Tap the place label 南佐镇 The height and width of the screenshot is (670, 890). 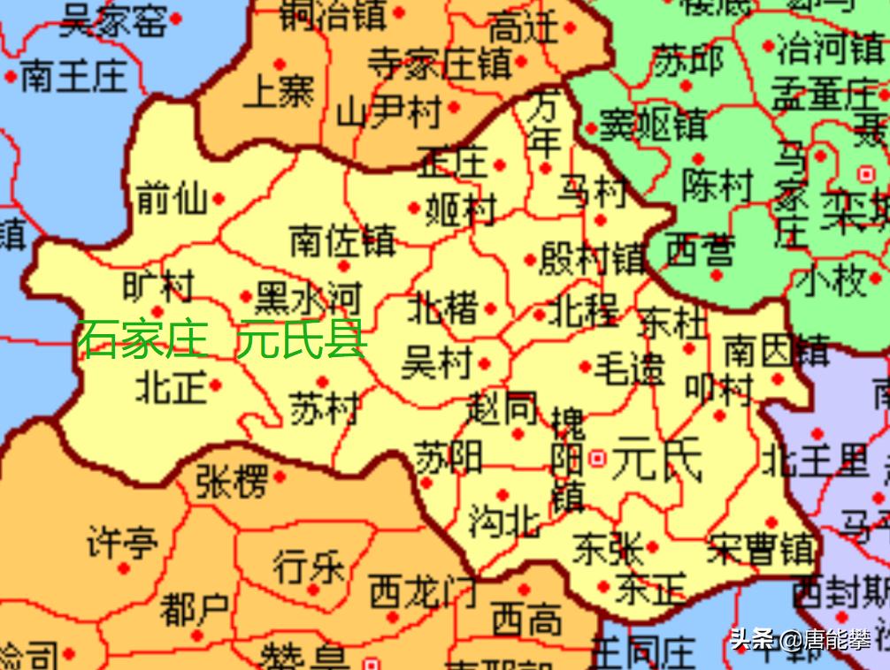pos(342,240)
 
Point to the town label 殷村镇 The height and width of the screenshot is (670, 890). pos(591,258)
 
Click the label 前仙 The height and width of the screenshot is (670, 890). pos(172,200)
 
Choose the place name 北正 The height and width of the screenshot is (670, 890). pos(170,386)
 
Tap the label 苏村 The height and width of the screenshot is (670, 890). pos(324,407)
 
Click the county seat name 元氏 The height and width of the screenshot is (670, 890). pos(656,459)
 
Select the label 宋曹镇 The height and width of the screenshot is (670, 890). pos(761,549)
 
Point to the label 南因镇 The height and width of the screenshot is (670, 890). pos(777,353)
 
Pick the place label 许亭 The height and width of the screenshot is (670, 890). pos(122,541)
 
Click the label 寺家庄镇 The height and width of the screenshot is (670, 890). pos(440,63)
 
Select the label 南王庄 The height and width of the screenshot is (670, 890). pos(73,77)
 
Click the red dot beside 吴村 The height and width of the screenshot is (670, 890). pos(484,363)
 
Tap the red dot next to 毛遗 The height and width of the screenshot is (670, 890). pos(585,367)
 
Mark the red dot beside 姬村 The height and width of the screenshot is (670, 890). pos(413,209)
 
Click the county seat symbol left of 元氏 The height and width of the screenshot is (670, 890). pos(598,458)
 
